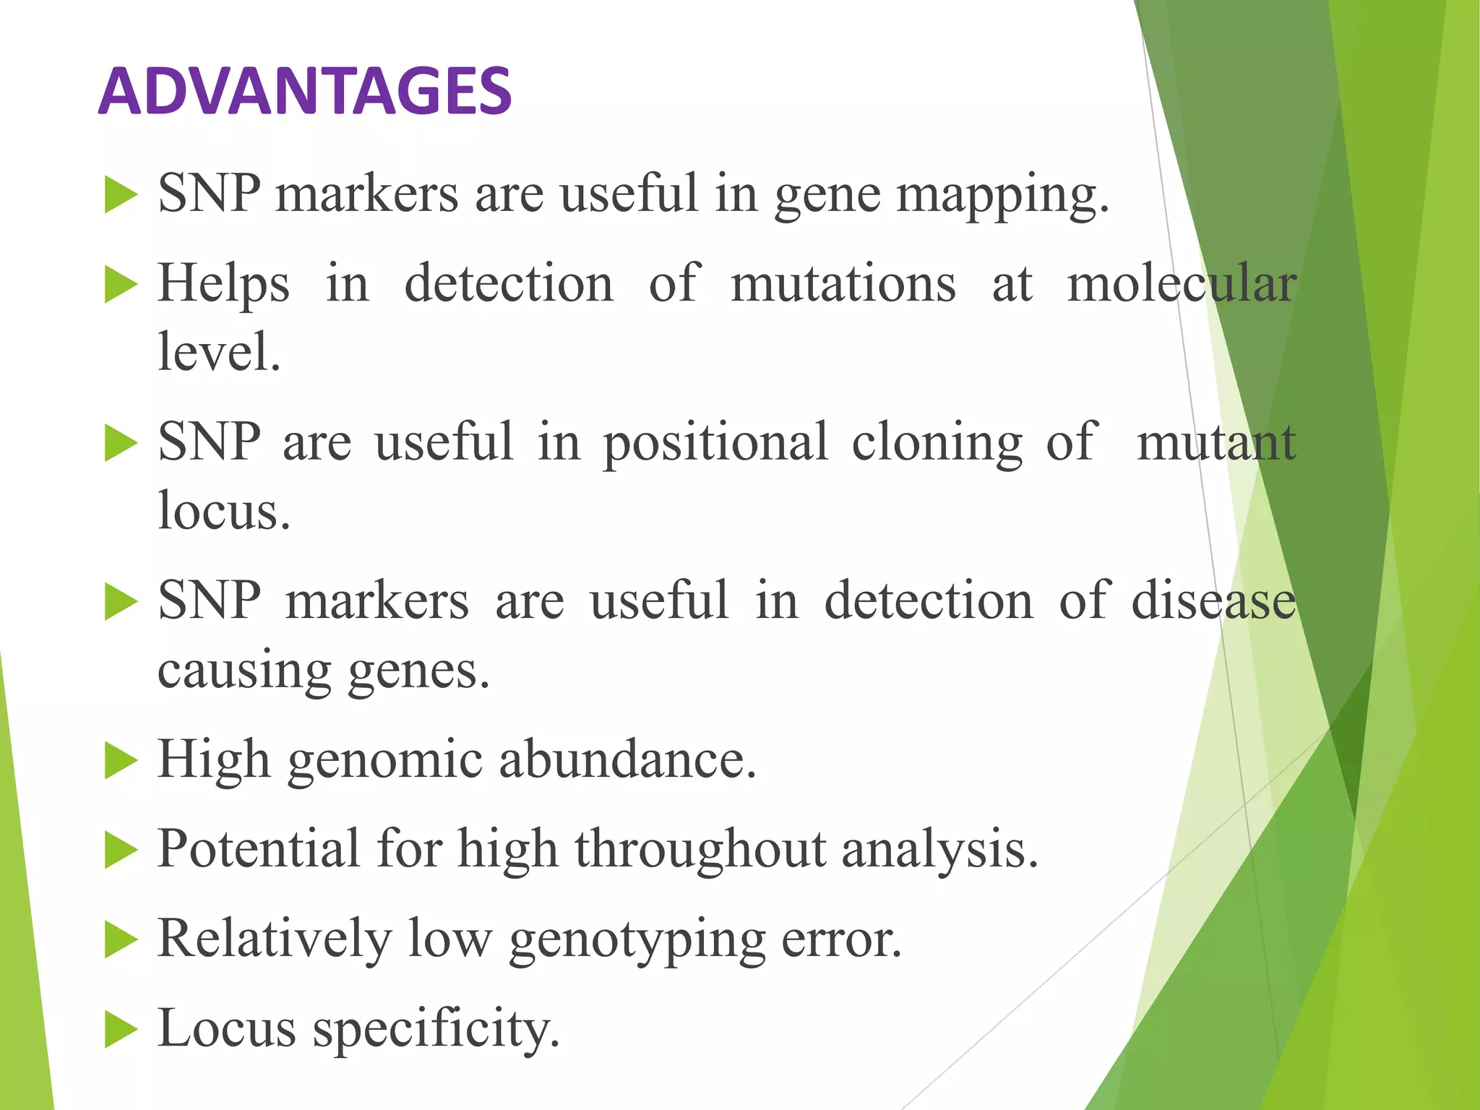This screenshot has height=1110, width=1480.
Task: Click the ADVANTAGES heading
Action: pos(304,91)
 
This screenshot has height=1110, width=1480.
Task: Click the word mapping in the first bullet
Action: pos(1002,195)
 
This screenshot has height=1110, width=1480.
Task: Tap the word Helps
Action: pos(224,283)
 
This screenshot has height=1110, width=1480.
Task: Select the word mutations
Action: pos(843,283)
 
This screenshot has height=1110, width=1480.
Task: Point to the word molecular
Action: pos(1182,283)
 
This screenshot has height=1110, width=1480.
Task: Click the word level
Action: pos(219,352)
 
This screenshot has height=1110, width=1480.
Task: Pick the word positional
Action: pos(715,442)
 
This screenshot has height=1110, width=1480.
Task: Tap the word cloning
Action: pos(937,442)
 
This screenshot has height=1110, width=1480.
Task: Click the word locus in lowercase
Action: pos(224,511)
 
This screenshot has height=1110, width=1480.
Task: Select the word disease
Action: pos(1213,601)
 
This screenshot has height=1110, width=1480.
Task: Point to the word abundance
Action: pos(627,760)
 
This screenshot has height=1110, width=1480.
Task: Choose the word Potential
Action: pos(259,849)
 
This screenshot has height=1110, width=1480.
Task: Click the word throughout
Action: pos(700,849)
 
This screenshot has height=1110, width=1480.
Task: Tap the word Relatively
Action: pos(275,939)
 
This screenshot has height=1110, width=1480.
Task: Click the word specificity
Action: pos(436,1028)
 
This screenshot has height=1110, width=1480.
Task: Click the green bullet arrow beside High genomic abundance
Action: pos(120,761)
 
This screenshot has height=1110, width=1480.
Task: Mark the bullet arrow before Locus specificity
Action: pos(120,1029)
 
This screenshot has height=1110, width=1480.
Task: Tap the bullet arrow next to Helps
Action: pos(120,284)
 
